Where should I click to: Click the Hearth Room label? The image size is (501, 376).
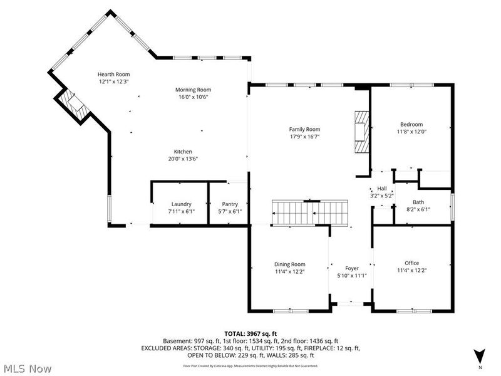tap(113, 74)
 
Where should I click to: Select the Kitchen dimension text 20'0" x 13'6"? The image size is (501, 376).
tap(183, 159)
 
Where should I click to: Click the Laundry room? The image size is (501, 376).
tap(181, 207)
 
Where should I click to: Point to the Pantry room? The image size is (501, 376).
tap(230, 207)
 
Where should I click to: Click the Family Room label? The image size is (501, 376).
tap(305, 129)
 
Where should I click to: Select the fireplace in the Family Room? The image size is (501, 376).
tap(362, 132)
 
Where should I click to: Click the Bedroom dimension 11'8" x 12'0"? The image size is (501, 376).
tap(411, 132)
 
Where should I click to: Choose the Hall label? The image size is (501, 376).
tap(382, 189)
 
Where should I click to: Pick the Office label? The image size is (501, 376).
tap(411, 263)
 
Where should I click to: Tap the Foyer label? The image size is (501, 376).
tap(351, 268)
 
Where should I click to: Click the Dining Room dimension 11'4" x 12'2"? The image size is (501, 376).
tap(289, 271)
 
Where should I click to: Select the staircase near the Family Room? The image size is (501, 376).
tap(309, 213)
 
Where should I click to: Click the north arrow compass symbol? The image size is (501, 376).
tap(480, 355)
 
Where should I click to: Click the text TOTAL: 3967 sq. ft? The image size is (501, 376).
tap(250, 333)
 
